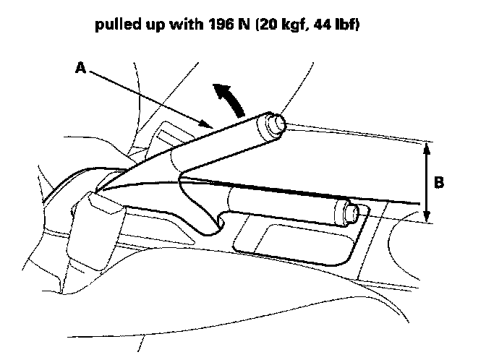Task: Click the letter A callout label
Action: coord(80,69)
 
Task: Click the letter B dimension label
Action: coord(439,183)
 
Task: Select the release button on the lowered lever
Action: coord(352,213)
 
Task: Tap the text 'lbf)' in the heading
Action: coord(345,27)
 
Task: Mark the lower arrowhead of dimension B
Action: coord(427,218)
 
